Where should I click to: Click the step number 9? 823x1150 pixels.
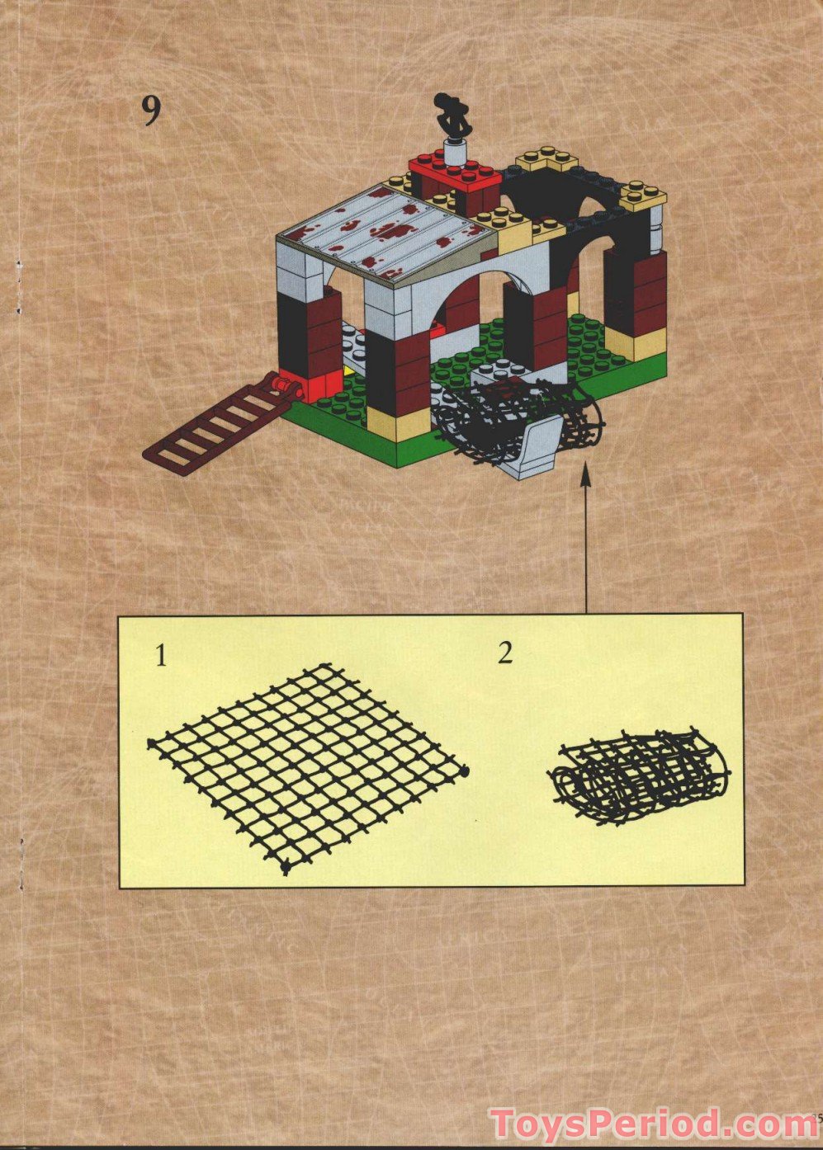(x=150, y=111)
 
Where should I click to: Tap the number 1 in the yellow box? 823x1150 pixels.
(x=161, y=656)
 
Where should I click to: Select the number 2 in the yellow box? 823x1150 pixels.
(x=505, y=653)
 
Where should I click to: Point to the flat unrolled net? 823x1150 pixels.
(x=307, y=766)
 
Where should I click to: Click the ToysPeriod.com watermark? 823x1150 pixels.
(x=652, y=1124)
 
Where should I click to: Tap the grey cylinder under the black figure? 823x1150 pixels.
(x=454, y=152)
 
